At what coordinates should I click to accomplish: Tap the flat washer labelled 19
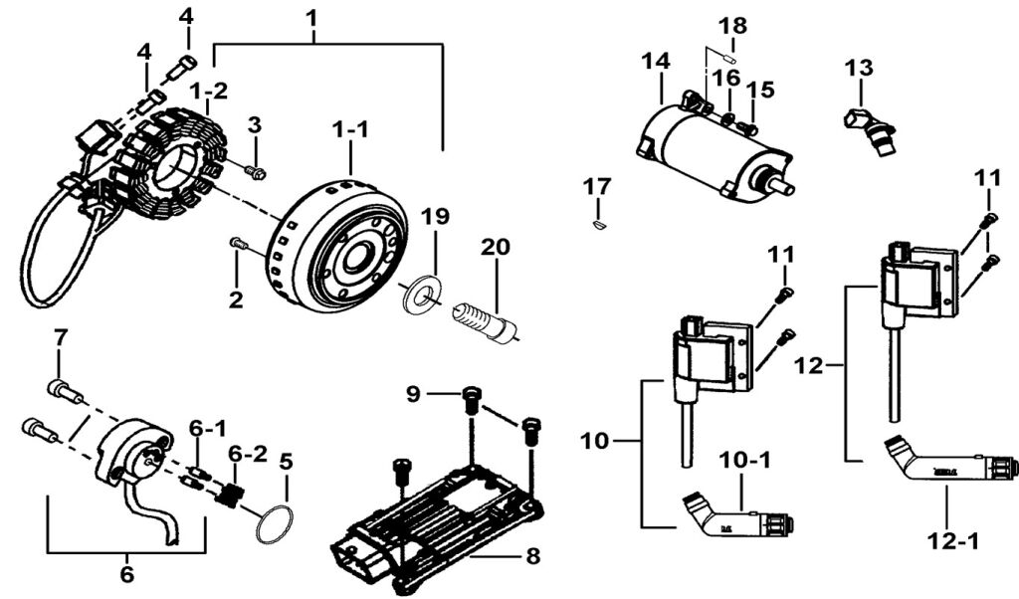point(422,294)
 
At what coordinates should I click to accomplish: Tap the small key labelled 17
point(597,225)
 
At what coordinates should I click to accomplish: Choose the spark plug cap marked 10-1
point(736,516)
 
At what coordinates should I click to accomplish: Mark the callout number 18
point(732,24)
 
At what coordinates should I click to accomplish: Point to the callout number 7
point(59,336)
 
